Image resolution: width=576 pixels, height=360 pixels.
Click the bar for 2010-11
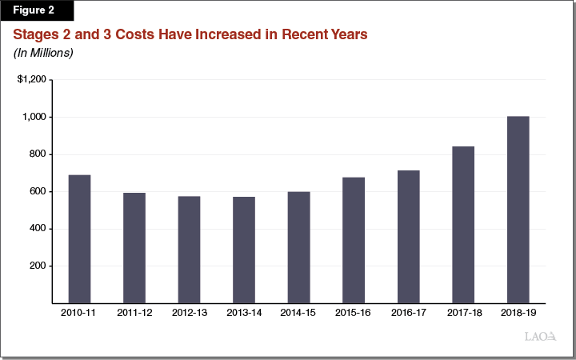pos(79,239)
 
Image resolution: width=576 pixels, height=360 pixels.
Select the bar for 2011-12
pos(134,248)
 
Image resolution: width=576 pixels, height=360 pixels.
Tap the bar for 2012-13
pos(189,250)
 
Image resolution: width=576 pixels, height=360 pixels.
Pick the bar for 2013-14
pos(244,250)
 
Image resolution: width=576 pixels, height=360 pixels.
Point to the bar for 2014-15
pos(298,247)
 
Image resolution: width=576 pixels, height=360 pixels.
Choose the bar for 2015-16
pos(353,240)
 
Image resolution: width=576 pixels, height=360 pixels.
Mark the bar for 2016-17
pos(408,237)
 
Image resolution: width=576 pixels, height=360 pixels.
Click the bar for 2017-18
pos(463,225)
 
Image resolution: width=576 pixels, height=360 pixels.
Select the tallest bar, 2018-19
pos(518,210)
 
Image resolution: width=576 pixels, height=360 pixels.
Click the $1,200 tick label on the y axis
pos(32,80)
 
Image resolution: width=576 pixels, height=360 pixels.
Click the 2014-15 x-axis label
pos(298,313)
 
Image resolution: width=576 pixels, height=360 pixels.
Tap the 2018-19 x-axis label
pos(518,313)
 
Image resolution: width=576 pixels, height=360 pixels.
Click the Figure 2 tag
pos(36,10)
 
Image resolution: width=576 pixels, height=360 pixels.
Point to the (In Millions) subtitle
pos(43,53)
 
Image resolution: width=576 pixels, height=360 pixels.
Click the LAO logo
pos(540,338)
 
